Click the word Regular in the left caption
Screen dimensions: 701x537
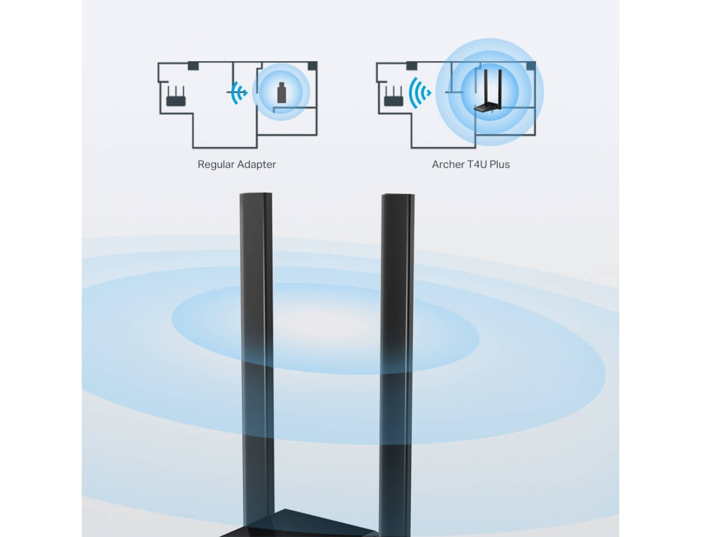[x=215, y=165]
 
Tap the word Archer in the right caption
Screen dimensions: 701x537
[x=447, y=165]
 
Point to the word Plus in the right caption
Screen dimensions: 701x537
[x=499, y=165]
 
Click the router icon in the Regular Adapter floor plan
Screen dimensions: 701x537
[x=176, y=96]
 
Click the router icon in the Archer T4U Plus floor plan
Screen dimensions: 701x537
[x=393, y=96]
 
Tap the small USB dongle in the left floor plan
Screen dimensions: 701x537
[x=282, y=93]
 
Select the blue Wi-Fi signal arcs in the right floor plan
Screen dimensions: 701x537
[x=419, y=93]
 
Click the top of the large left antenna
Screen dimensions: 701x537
[x=255, y=194]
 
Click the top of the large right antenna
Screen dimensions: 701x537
[x=398, y=195]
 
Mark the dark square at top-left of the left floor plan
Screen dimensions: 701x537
[x=193, y=66]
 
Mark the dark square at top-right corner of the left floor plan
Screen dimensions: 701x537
[x=313, y=66]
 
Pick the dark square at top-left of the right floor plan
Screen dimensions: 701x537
[x=412, y=66]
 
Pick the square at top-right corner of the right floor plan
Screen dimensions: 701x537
[x=530, y=66]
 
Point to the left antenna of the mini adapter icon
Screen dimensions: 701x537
[x=485, y=87]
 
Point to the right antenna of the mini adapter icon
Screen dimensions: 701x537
[x=500, y=88]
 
